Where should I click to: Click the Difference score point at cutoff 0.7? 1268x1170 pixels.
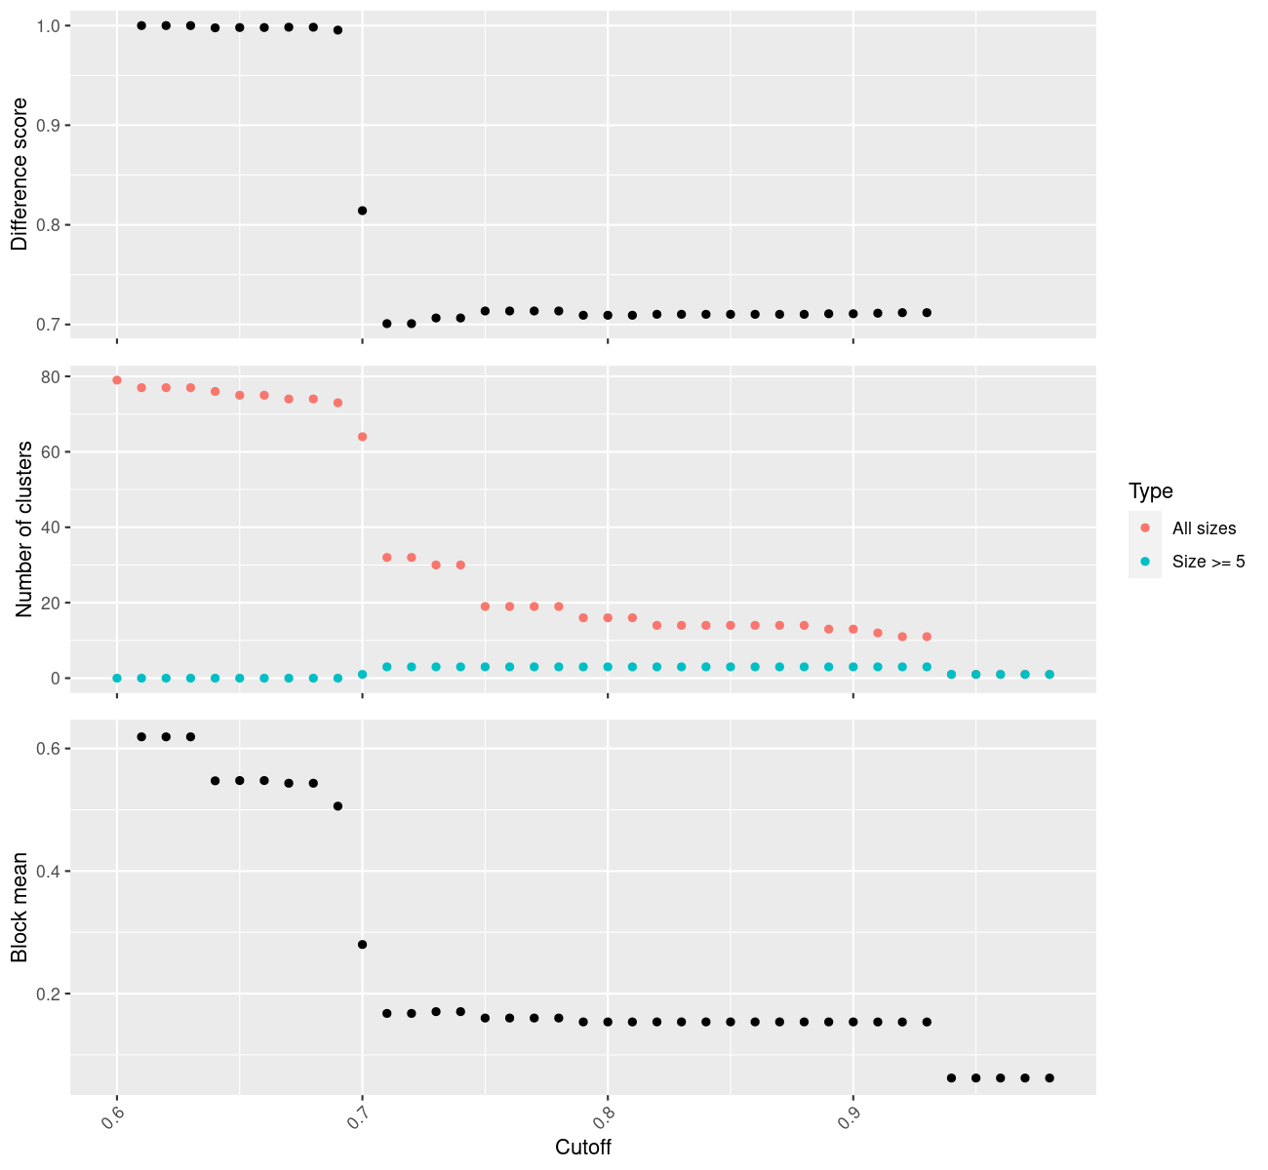(x=362, y=211)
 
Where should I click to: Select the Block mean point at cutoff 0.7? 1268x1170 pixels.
(x=362, y=945)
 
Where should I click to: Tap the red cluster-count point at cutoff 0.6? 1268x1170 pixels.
(x=117, y=380)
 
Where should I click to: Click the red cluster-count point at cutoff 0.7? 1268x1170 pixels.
(x=362, y=437)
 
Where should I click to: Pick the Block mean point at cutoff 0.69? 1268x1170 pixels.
(x=337, y=806)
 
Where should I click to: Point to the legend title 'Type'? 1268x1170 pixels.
(x=1150, y=491)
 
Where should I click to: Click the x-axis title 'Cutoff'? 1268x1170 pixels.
(x=582, y=1148)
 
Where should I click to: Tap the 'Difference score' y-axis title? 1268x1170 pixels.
(x=20, y=174)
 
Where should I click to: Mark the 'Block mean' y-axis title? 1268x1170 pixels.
(x=20, y=908)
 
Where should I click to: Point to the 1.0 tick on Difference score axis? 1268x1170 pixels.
(x=47, y=25)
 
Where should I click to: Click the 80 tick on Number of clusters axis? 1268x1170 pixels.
(x=49, y=377)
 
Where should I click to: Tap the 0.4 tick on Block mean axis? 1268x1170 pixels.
(x=47, y=872)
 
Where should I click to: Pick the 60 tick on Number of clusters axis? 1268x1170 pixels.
(x=49, y=452)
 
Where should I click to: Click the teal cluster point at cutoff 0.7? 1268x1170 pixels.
(x=362, y=674)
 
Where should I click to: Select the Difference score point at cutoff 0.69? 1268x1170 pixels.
(x=337, y=30)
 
